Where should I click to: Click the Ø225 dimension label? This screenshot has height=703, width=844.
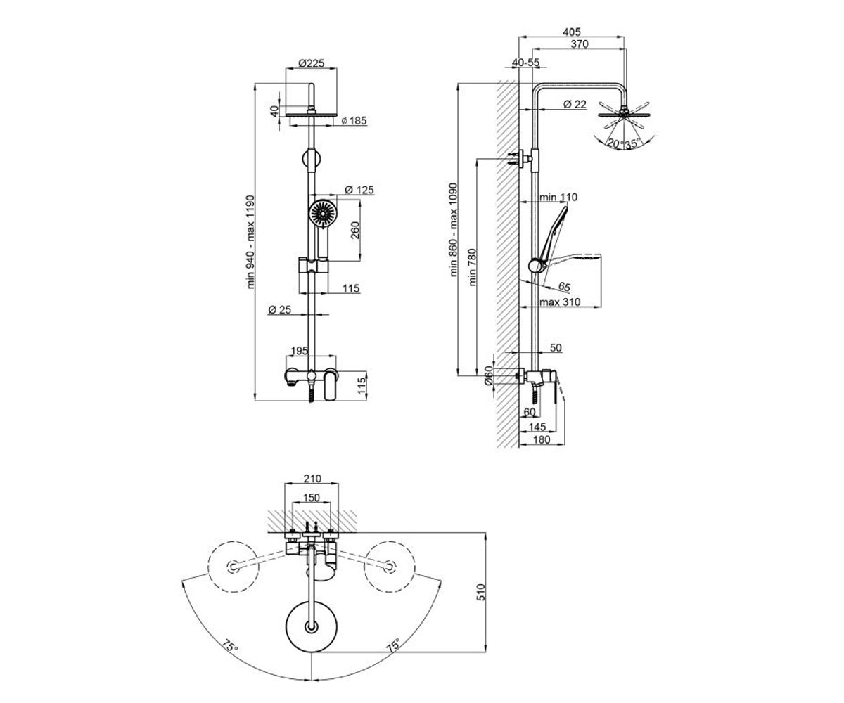312,63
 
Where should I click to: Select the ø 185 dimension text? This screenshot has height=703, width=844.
354,120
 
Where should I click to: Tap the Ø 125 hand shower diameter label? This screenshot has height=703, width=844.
359,190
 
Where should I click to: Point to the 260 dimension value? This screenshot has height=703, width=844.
355,230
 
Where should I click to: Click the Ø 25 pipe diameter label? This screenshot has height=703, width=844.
279,309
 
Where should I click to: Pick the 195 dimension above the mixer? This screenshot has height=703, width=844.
299,351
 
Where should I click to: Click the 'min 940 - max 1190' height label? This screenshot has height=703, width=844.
251,242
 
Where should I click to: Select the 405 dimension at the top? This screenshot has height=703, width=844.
572,32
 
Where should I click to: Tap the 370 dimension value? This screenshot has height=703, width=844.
580,44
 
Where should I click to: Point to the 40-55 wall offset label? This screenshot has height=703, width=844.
525,63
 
